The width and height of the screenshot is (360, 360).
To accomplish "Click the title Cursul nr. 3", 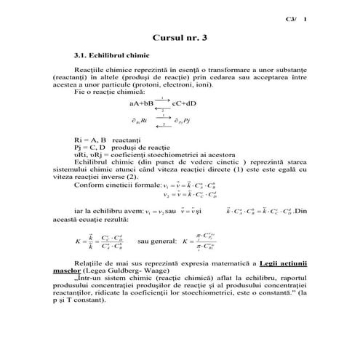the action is pos(179,36).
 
